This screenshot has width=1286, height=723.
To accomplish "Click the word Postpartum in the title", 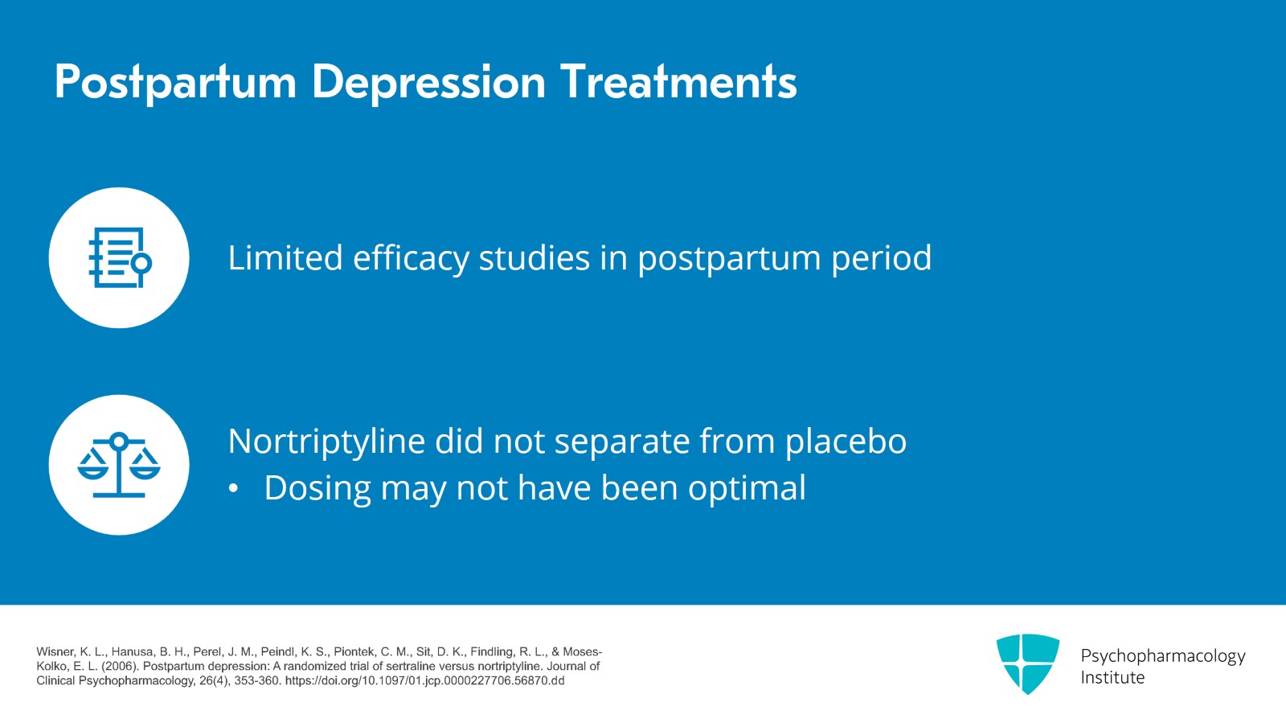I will [175, 83].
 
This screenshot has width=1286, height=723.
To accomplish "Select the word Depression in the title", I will [428, 83].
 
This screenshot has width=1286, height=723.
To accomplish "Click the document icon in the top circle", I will [119, 258].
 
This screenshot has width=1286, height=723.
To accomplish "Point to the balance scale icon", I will [119, 465].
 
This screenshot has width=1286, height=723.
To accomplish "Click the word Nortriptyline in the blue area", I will [326, 442].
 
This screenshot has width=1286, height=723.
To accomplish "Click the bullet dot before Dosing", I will [234, 489].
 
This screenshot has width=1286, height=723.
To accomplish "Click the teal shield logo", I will [1027, 663].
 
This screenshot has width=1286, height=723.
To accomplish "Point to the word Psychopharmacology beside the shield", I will [1162, 656].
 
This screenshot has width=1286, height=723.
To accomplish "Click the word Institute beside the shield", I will [1112, 678].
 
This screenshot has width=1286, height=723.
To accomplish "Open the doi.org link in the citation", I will [424, 680].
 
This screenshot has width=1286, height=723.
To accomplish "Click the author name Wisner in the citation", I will [54, 651].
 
